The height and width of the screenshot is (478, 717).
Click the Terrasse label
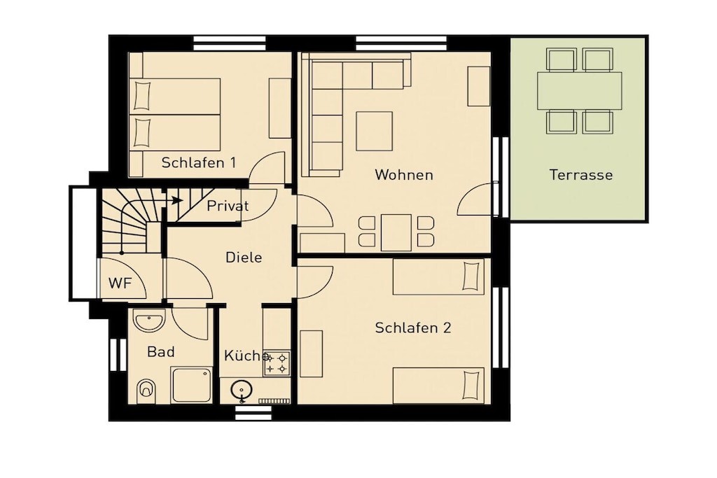tap(580, 175)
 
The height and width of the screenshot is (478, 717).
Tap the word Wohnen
tap(404, 175)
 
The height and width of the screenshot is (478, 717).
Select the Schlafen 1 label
tap(198, 162)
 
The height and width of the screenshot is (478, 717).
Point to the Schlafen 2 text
tap(413, 328)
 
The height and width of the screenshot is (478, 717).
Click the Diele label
tap(244, 258)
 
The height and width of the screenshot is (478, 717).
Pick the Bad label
tap(161, 352)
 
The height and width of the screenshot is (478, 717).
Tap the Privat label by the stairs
tap(228, 206)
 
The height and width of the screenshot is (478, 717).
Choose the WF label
tap(120, 283)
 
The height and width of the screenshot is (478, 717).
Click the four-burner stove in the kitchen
tap(277, 363)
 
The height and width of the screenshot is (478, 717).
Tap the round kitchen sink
tap(241, 391)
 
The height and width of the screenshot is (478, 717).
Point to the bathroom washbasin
tap(149, 320)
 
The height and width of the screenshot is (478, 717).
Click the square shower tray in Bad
tap(192, 385)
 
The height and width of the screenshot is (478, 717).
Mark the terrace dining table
tap(579, 90)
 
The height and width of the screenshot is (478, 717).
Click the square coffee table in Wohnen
tap(375, 131)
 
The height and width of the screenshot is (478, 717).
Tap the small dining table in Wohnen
tap(396, 232)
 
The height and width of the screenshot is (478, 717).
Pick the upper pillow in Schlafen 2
tap(471, 276)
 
